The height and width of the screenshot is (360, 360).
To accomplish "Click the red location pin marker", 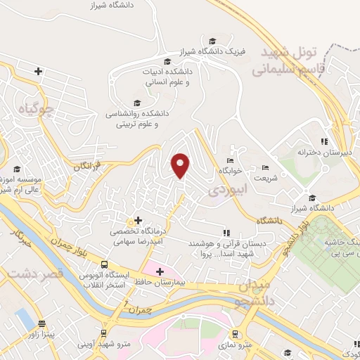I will (x=181, y=165).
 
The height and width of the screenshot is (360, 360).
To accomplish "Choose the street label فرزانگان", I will (x=88, y=167).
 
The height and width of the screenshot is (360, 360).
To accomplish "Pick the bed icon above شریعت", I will (x=264, y=167).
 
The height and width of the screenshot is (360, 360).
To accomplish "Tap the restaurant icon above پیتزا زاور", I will (x=42, y=324).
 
